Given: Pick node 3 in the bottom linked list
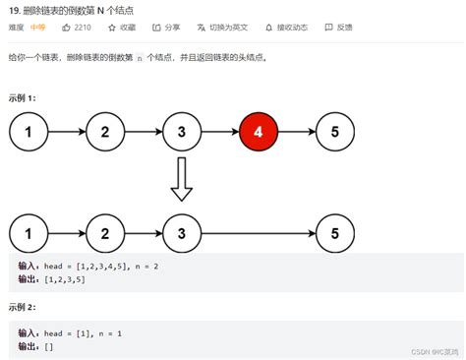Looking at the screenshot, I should click(180, 234).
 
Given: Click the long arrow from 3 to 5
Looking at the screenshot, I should click(258, 234).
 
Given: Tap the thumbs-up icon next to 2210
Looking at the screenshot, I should click(68, 28).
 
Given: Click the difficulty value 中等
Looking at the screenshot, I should click(37, 28).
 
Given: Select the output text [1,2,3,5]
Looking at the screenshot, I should click(64, 279).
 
